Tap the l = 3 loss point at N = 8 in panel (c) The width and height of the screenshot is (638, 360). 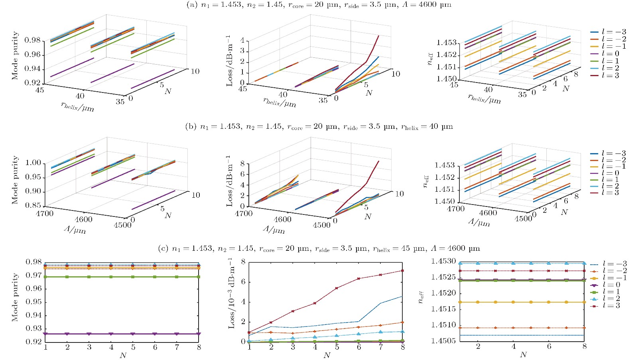(x=402, y=271)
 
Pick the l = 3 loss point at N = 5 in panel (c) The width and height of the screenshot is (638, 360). (x=337, y=288)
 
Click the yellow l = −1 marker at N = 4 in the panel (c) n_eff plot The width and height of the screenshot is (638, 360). (x=513, y=302)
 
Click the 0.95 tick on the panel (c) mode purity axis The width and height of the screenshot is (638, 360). (x=34, y=302)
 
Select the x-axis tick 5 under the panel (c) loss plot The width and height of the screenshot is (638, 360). (x=337, y=348)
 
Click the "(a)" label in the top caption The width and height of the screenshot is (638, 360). (x=192, y=5)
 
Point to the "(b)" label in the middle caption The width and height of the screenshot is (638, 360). (x=191, y=127)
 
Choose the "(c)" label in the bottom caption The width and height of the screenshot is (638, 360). (x=163, y=249)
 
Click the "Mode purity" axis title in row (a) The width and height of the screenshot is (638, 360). (x=15, y=55)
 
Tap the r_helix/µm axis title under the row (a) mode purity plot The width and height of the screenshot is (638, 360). (x=77, y=106)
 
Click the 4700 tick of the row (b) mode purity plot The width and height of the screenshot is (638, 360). (x=44, y=214)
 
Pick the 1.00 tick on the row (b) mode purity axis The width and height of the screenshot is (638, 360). (x=33, y=163)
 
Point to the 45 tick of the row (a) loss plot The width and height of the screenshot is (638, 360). (x=242, y=89)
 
